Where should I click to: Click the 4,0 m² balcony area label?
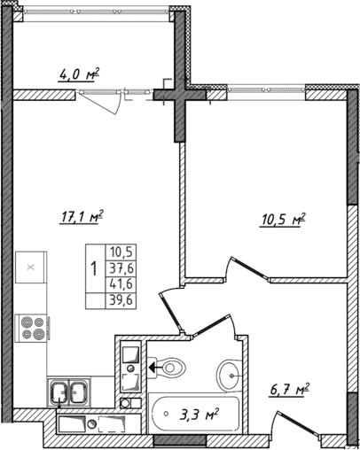point(78,75)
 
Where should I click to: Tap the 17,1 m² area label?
point(82,213)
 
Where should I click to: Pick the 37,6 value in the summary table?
point(117,267)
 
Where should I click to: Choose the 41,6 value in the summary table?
point(117,283)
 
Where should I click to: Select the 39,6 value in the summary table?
point(117,299)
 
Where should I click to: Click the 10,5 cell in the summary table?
point(117,251)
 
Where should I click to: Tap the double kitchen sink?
point(68,390)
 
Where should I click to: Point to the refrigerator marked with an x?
point(29,267)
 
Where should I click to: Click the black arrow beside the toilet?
point(153,363)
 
